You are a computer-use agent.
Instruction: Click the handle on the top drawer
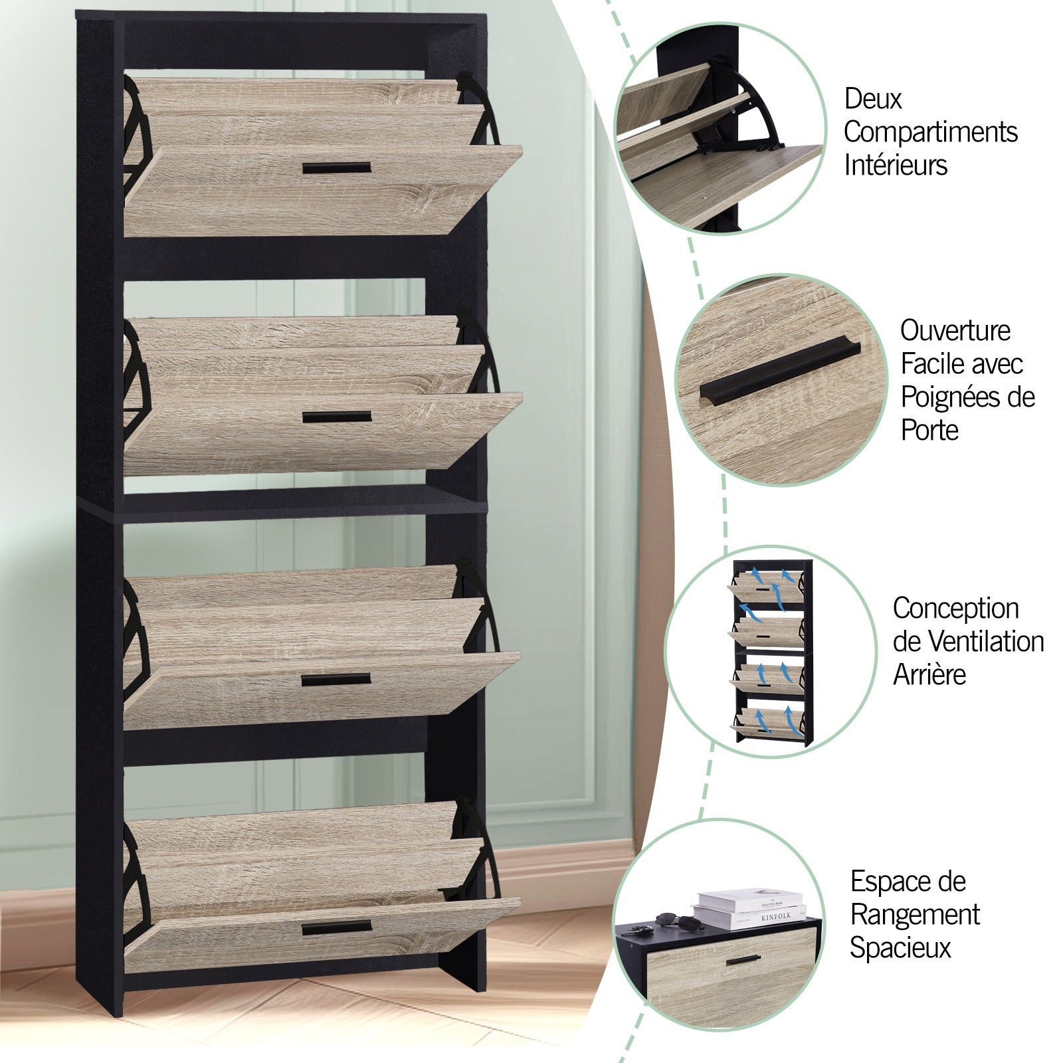coord(336,168)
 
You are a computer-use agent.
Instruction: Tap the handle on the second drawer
coord(337,417)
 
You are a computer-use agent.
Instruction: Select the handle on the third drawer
coord(336,680)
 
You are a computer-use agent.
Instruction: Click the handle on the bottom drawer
coord(336,927)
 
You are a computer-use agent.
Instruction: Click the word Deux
coord(873,99)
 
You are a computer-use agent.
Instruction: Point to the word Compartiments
coord(931,132)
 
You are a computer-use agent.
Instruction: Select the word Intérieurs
coord(896,165)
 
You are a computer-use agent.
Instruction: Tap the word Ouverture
coord(955,330)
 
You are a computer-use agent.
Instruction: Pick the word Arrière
coord(929,674)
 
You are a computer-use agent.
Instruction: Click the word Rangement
coord(916,916)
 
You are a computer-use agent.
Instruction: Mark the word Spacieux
coord(900,948)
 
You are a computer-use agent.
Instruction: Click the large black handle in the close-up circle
coord(781,375)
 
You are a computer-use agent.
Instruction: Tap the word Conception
coord(955,609)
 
